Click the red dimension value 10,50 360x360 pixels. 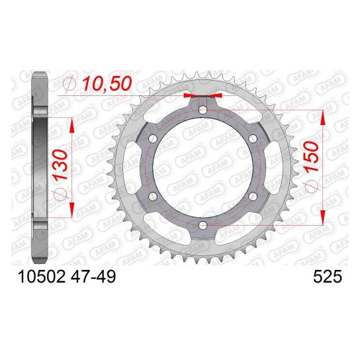pos(107,83)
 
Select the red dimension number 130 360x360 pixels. pos(60,164)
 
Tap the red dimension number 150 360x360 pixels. pos(311,157)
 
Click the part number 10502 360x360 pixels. pos(42,277)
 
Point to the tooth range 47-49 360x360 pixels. pos(93,277)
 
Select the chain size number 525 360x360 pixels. pos(328,277)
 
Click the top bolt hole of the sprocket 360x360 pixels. pos(202,110)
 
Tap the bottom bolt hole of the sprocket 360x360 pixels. pos(202,225)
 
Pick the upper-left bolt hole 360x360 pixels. pos(153,138)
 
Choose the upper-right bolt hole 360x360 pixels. pos(253,138)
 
